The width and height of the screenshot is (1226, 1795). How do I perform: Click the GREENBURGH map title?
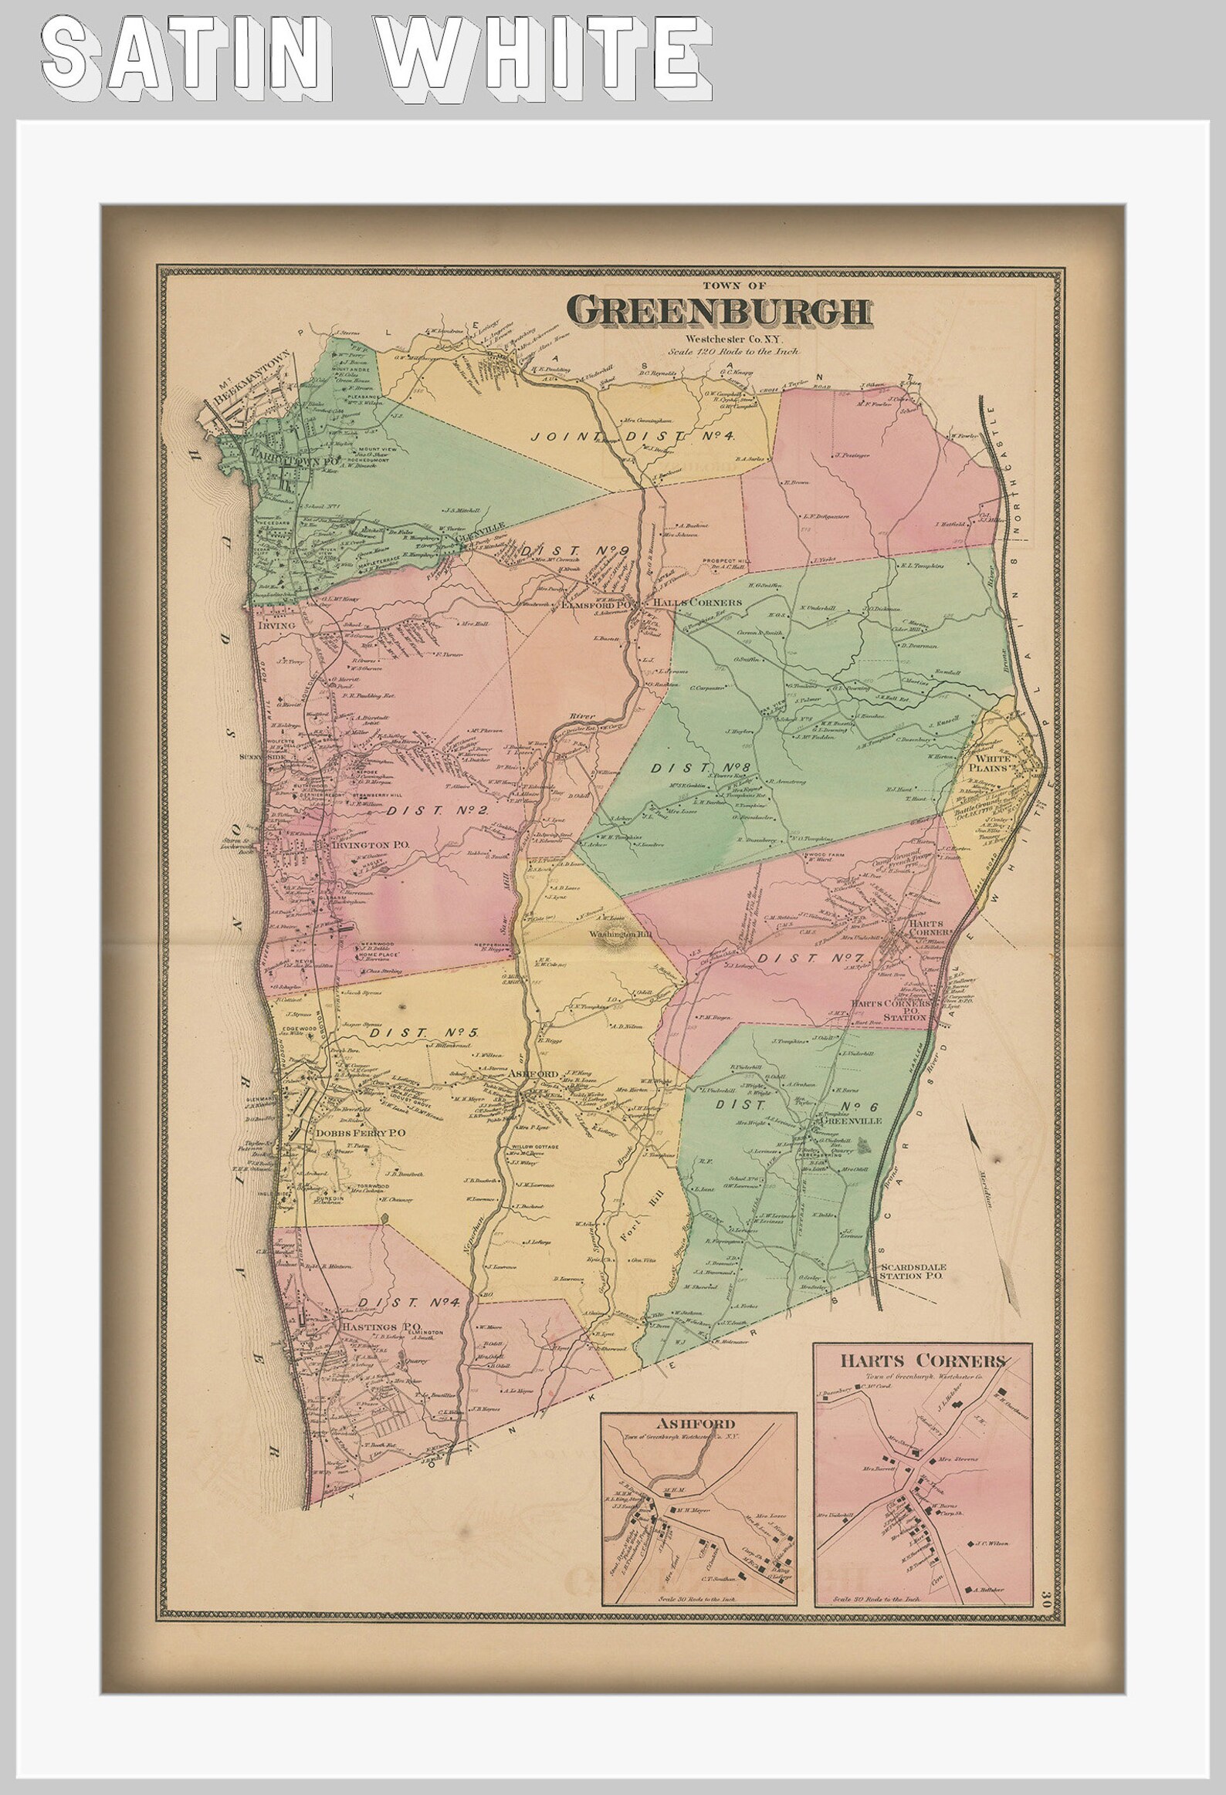(x=720, y=311)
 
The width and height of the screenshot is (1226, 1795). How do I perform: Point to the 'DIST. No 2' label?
(x=436, y=810)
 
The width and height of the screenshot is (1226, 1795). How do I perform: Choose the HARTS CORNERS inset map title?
(x=923, y=1361)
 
